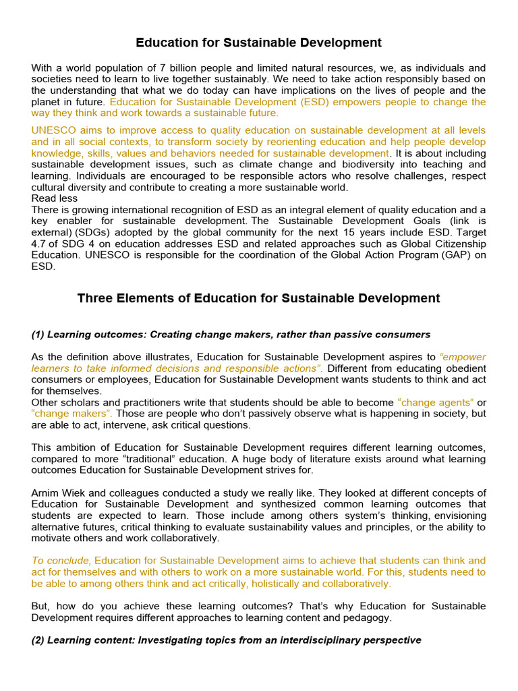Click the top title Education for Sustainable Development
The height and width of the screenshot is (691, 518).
[x=258, y=43]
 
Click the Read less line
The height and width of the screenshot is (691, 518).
[x=55, y=198]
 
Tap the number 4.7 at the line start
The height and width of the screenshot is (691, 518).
[x=38, y=244]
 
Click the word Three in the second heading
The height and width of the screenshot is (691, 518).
[x=95, y=298]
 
